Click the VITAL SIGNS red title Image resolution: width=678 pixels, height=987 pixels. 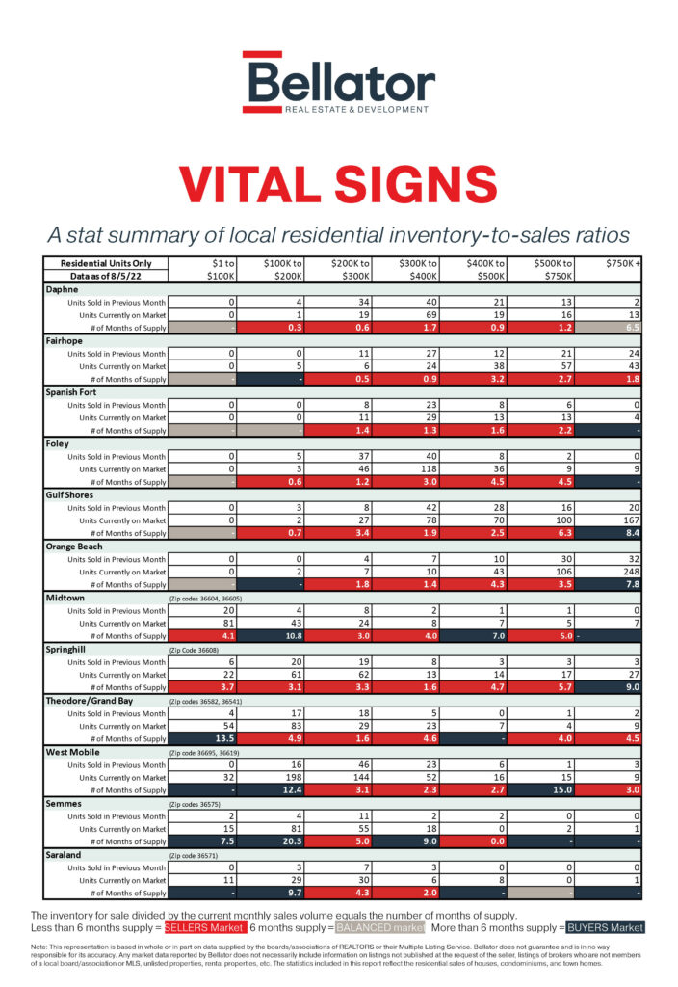click(338, 184)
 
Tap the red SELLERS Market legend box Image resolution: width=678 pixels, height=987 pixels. click(204, 927)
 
